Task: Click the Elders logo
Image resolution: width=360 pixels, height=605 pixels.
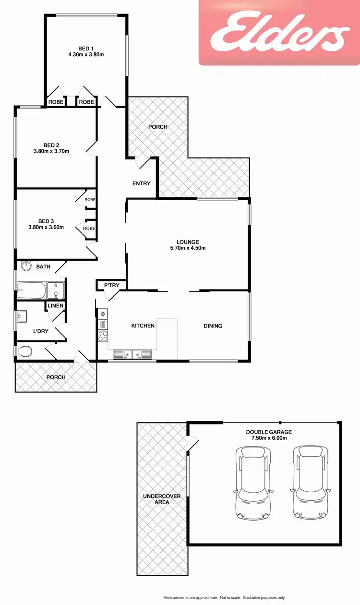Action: tap(279, 33)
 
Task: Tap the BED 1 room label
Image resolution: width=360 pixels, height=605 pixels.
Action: tap(86, 48)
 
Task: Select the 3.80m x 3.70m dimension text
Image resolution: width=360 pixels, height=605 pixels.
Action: tap(51, 151)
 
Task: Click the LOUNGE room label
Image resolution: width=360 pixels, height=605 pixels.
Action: tap(188, 242)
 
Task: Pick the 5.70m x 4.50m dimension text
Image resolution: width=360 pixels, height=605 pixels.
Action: tap(188, 248)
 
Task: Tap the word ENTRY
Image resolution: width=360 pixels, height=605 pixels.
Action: tap(142, 183)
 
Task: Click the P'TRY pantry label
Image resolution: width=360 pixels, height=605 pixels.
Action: tap(111, 286)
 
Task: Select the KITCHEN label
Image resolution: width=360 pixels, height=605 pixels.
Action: tap(143, 326)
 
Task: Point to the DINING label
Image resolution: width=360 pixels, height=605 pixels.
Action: tap(213, 326)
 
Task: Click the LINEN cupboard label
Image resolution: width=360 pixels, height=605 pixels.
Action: tap(55, 306)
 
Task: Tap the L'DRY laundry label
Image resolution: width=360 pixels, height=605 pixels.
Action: tap(41, 331)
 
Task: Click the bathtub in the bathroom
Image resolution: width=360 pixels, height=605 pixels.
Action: tap(31, 290)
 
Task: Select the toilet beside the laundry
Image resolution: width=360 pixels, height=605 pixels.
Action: tap(24, 352)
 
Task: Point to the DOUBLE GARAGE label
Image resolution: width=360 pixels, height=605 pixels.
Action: tap(268, 432)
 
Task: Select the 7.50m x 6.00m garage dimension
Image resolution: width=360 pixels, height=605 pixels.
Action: tap(268, 438)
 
